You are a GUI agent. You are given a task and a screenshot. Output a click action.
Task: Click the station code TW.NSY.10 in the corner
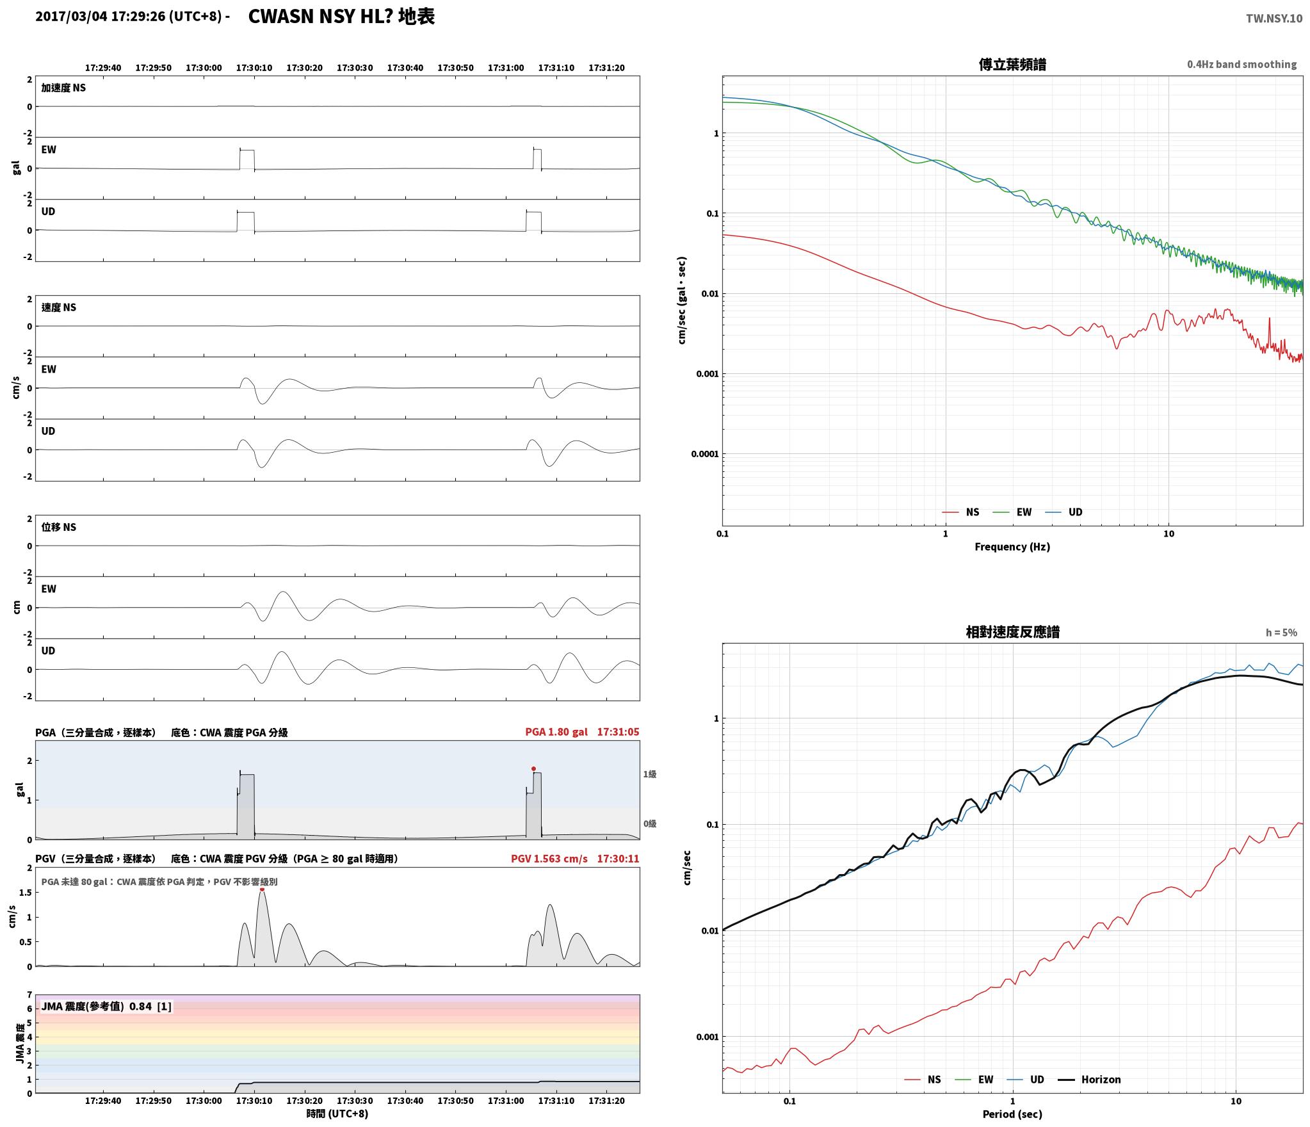pos(1274,19)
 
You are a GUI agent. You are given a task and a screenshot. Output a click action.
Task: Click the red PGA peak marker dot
pos(533,768)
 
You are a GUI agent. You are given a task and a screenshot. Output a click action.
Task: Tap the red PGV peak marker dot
pos(262,889)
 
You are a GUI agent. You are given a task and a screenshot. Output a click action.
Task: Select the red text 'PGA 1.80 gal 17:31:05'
pos(582,732)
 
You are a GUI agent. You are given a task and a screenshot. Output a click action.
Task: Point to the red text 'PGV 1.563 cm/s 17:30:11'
pos(575,859)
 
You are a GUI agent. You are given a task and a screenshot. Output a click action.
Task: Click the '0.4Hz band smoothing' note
pos(1241,65)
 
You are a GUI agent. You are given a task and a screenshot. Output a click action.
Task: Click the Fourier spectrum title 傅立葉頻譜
pos(1012,64)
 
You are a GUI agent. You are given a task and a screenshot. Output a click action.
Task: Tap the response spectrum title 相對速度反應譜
pos(1012,632)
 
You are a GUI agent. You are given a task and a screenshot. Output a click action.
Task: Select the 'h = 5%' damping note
pos(1281,633)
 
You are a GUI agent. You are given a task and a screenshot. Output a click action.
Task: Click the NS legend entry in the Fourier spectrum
pos(960,512)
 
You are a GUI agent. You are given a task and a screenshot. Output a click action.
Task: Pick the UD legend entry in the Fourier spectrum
pos(1063,512)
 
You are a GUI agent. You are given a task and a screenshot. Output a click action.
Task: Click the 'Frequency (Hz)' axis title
pos(1012,547)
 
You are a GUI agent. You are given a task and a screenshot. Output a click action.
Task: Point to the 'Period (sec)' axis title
pos(1012,1114)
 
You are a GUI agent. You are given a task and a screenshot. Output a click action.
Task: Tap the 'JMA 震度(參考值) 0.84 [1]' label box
pos(106,1007)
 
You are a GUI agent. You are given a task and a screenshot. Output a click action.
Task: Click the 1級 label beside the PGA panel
pos(650,774)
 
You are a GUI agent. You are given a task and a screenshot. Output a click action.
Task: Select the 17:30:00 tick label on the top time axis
pos(204,68)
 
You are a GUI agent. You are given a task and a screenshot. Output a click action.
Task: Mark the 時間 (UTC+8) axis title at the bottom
pos(337,1114)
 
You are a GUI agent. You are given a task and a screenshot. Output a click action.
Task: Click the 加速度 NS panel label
pos(63,88)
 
